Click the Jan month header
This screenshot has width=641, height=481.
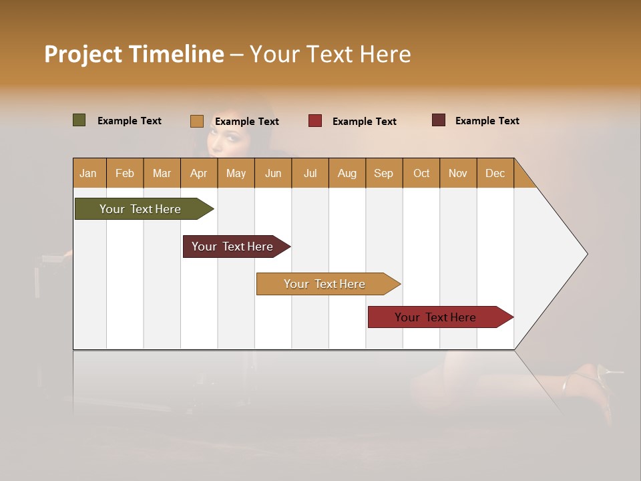89,173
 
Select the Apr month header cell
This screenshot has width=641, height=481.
198,173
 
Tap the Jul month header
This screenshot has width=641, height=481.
310,173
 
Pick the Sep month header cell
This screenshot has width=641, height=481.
383,173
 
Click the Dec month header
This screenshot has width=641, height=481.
495,173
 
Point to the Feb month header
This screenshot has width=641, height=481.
125,173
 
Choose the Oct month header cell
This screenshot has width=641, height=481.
421,173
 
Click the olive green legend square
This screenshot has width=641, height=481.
79,120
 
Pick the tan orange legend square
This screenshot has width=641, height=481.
196,121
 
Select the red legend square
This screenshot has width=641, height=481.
314,121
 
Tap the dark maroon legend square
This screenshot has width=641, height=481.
438,120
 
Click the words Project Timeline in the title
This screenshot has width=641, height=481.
134,54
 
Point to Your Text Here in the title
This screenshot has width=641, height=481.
330,54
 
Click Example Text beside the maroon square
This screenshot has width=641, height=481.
487,121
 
